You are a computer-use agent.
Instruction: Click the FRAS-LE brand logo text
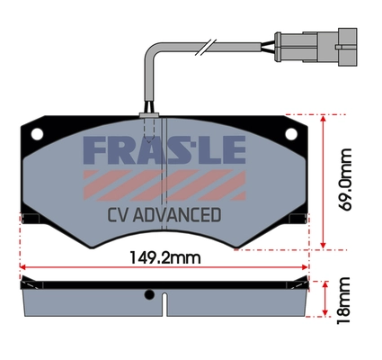tap(164, 150)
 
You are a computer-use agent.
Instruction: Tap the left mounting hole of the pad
tap(37, 134)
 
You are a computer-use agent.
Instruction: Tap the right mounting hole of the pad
tap(289, 134)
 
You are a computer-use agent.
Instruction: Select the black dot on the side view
tap(149, 294)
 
